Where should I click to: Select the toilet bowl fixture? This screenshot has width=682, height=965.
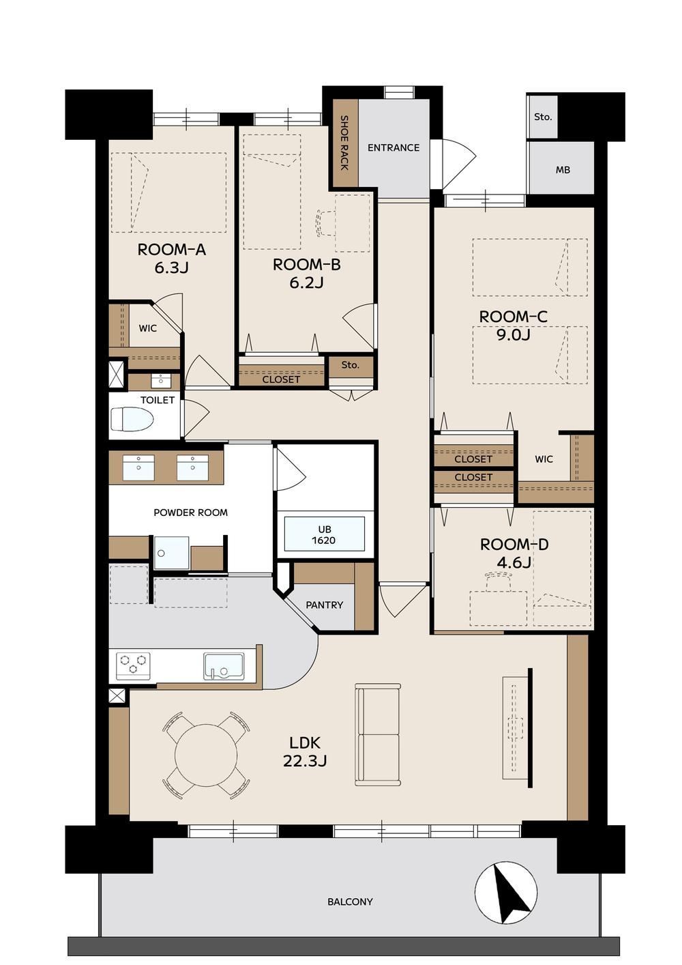132,419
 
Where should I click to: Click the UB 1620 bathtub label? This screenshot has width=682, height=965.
323,535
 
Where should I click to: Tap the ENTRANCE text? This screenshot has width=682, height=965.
393,148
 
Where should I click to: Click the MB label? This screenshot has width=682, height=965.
563,170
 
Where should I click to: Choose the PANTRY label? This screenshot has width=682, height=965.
324,605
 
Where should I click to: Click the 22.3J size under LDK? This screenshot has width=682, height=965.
305,760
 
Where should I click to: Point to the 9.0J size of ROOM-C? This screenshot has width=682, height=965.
514,334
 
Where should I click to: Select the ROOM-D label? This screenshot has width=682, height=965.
514,545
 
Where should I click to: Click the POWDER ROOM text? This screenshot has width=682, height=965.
191,513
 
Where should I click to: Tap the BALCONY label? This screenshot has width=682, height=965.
350,902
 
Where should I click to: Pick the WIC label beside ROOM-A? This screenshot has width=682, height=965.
148,328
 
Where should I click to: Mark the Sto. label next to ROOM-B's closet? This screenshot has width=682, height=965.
350,365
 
